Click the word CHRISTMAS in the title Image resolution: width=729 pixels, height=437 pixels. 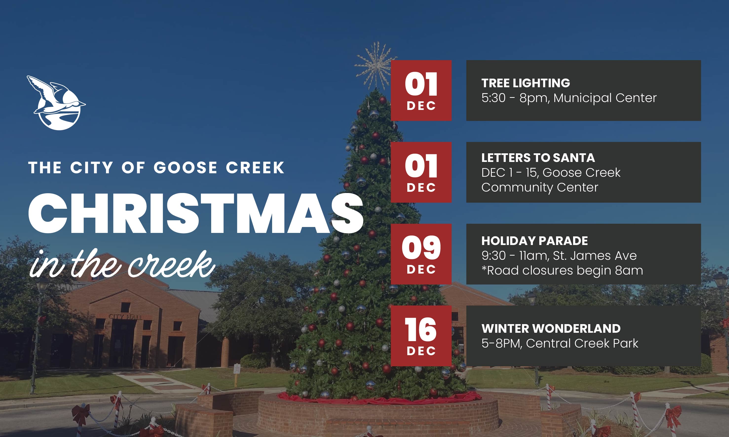196,214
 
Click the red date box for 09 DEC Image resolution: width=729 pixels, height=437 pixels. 421,254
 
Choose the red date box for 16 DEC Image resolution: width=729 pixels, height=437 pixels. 421,336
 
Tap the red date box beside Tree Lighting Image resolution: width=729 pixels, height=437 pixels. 421,90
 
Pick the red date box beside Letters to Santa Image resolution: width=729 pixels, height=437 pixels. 421,172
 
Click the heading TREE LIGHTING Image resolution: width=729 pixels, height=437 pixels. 526,83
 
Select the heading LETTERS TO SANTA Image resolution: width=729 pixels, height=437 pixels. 538,158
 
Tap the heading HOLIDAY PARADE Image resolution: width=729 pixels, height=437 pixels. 535,241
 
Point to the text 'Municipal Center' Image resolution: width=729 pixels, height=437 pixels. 605,98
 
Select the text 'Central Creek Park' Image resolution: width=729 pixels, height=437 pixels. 582,343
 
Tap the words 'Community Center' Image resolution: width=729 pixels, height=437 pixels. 540,188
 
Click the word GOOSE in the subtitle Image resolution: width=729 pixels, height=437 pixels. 185,168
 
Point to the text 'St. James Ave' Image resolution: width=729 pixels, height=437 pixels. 595,256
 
